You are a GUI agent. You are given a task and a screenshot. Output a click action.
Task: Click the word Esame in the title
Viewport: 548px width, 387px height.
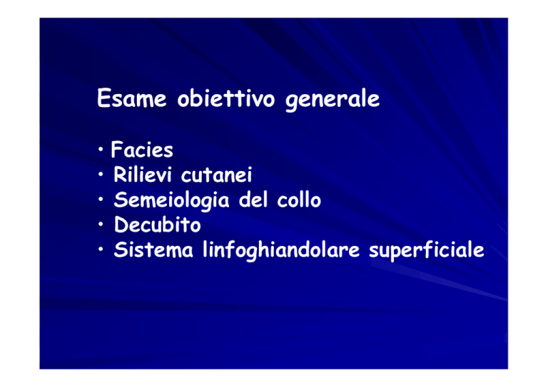(132, 98)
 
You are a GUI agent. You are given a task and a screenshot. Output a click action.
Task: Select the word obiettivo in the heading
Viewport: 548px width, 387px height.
(226, 98)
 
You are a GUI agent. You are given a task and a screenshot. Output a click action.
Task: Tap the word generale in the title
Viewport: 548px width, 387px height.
(333, 100)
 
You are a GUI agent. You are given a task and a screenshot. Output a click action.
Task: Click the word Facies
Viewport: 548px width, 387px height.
(142, 150)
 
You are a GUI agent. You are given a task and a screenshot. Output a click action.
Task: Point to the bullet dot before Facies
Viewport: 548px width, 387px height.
(101, 150)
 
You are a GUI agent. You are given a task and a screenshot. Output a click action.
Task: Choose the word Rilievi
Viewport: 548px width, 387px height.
(143, 174)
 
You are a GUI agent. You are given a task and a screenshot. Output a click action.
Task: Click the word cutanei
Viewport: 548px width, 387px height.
(217, 175)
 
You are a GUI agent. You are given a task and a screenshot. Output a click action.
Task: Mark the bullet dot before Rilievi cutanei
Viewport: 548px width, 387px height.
(101, 175)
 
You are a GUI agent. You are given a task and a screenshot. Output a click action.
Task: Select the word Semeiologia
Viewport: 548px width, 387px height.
(171, 200)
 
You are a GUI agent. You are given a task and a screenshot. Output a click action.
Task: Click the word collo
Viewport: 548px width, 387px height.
(299, 200)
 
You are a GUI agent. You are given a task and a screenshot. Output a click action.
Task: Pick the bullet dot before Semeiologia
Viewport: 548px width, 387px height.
(101, 200)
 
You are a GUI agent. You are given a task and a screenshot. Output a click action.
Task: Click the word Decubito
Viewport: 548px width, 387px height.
(157, 225)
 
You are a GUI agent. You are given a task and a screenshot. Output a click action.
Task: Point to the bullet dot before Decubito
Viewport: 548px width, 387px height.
(101, 225)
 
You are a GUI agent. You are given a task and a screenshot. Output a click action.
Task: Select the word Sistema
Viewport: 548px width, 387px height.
(153, 249)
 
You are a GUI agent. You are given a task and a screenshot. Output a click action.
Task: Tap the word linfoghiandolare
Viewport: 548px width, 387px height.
(281, 251)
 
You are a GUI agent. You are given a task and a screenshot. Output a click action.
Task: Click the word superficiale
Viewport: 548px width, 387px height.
(427, 251)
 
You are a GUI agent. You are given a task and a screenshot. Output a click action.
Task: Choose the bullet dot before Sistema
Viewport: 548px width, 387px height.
(101, 249)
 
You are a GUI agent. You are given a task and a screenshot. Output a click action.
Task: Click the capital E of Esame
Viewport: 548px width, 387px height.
(103, 98)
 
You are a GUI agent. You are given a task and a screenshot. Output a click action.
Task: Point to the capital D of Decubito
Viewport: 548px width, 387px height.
(121, 225)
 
